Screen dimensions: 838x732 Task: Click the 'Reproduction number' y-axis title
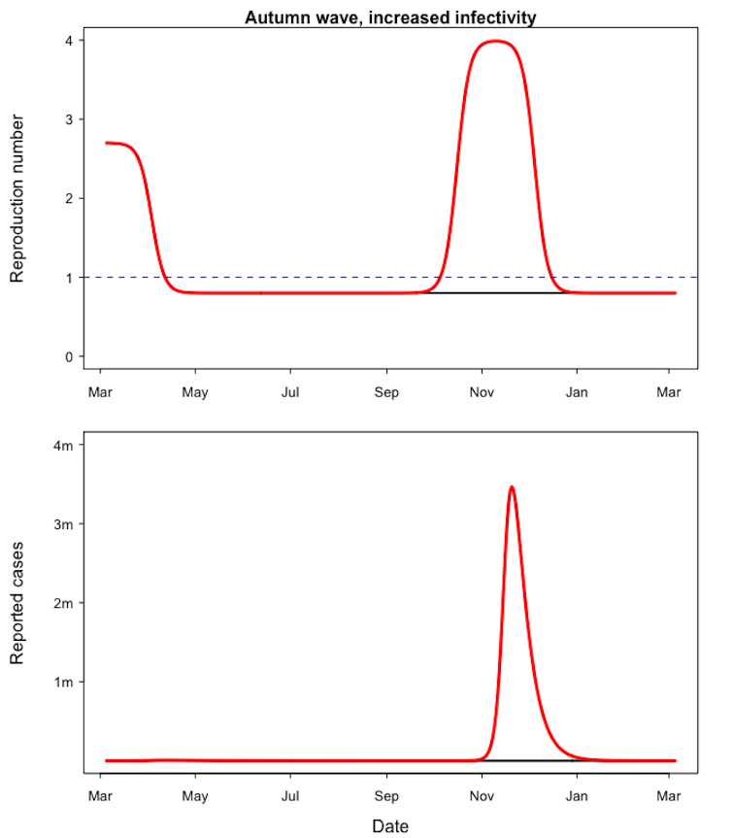[17, 198]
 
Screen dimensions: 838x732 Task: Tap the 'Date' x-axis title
[390, 826]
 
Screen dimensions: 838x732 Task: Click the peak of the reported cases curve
[512, 486]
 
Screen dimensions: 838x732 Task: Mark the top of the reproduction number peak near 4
[496, 41]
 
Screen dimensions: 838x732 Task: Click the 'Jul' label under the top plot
[289, 393]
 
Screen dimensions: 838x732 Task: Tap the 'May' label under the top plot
[195, 393]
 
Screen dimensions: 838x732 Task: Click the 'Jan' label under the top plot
[577, 393]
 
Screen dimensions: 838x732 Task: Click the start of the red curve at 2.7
[106, 143]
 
